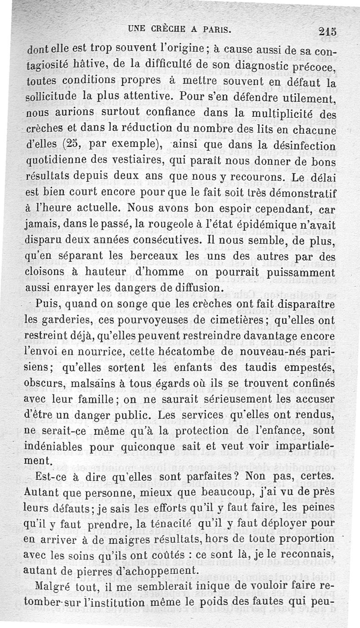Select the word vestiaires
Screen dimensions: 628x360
[142, 161]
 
